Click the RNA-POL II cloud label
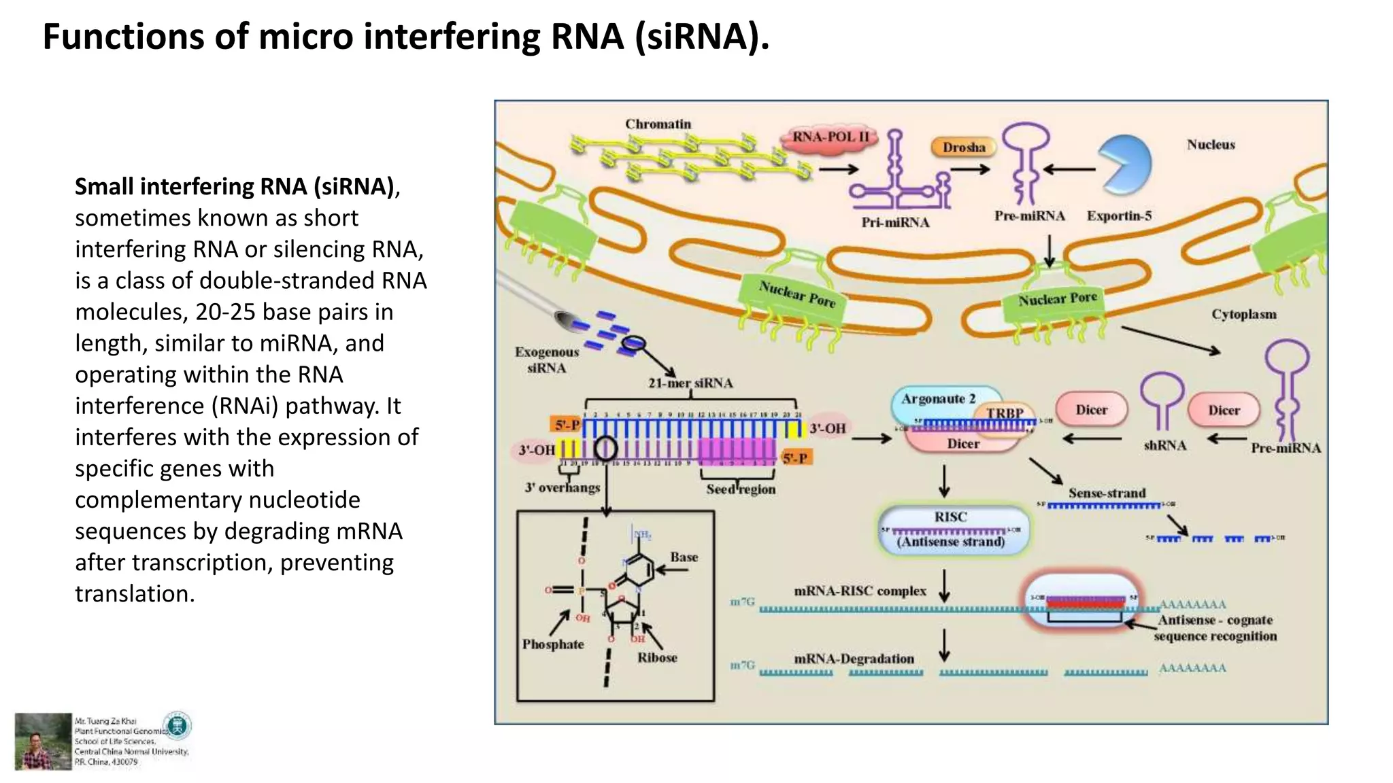tap(830, 137)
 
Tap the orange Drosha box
tap(963, 147)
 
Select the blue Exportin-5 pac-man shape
tap(1124, 163)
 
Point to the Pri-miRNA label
tap(895, 222)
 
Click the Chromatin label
tap(658, 124)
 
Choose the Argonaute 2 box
tap(938, 399)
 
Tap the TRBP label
tap(1005, 413)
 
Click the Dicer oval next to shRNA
tap(1091, 410)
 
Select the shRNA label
tap(1164, 446)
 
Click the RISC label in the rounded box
tap(950, 517)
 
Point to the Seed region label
tap(740, 489)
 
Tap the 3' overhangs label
tap(562, 487)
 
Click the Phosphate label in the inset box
tap(552, 644)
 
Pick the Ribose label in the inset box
tap(657, 657)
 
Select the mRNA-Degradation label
tap(854, 659)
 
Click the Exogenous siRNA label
tap(546, 360)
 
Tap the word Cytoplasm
tap(1243, 315)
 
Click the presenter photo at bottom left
tap(43, 741)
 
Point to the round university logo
tap(178, 726)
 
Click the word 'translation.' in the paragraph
tap(135, 594)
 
